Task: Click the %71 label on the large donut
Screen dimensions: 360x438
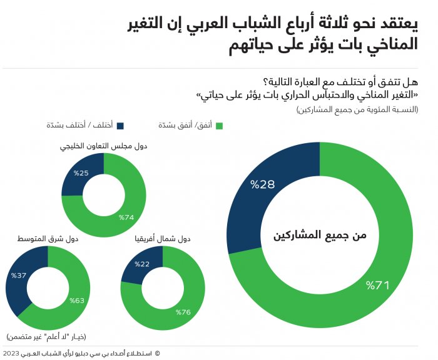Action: tap(379, 286)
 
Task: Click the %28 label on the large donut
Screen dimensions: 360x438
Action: tap(263, 184)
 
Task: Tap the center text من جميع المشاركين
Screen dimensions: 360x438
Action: tap(320, 236)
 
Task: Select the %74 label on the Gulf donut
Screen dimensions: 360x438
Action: tap(128, 217)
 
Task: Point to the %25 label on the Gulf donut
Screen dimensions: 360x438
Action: tap(81, 172)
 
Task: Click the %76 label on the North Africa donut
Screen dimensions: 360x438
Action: tap(183, 312)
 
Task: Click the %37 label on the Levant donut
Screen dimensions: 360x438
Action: tap(19, 275)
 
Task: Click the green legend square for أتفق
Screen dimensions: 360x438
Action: tap(218, 126)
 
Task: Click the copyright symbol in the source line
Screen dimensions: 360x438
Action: tap(157, 353)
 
